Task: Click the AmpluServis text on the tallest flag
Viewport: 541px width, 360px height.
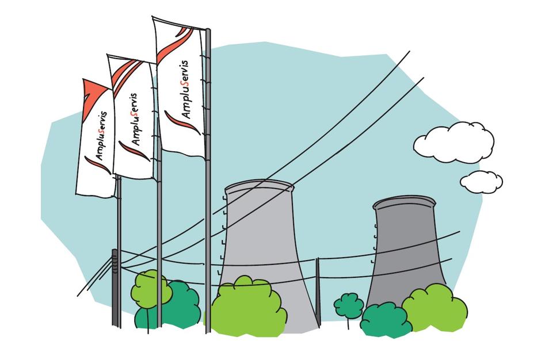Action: click(x=185, y=89)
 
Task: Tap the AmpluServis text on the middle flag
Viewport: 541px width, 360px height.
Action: click(x=135, y=119)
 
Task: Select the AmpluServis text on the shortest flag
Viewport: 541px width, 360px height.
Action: click(x=101, y=136)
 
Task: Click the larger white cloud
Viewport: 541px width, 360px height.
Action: click(x=454, y=142)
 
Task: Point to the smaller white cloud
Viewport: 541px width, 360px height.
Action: click(x=481, y=182)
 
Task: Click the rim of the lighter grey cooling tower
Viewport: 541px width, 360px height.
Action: click(x=259, y=186)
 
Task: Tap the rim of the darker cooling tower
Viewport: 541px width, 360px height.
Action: click(x=404, y=203)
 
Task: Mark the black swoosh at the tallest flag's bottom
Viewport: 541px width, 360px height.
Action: click(x=182, y=122)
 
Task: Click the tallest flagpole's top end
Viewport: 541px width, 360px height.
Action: click(x=208, y=30)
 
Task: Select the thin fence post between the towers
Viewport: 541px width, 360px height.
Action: click(x=318, y=292)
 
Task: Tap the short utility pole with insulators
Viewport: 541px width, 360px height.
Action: click(x=116, y=288)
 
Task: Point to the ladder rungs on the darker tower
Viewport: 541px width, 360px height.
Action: click(x=374, y=243)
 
